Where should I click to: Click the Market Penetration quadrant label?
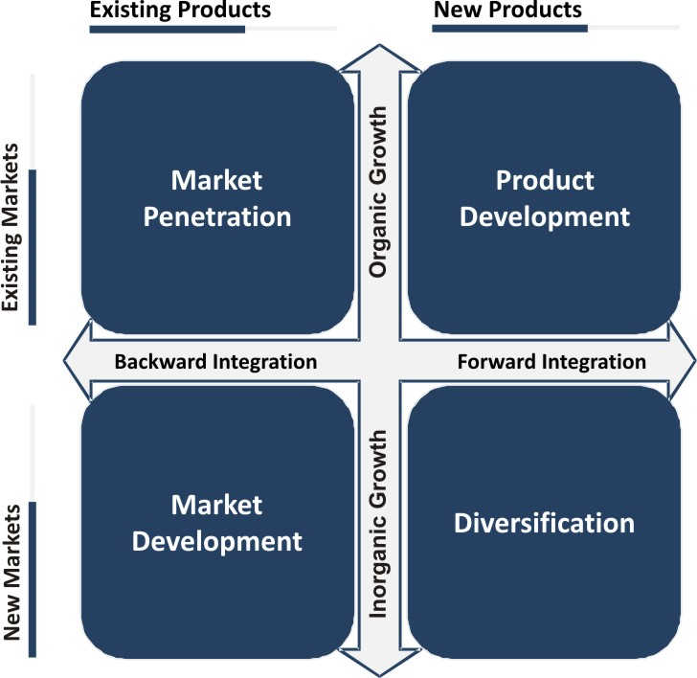pos(216,198)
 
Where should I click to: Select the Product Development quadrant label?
pos(545,198)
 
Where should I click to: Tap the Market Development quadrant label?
pos(216,523)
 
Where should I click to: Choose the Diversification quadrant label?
pos(545,523)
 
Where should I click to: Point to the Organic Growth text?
pos(379,192)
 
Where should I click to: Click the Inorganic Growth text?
pos(379,523)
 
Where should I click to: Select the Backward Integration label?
pos(215,362)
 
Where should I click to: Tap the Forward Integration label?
pos(551,362)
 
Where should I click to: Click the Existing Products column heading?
pos(180,11)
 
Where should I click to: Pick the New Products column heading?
pos(507,11)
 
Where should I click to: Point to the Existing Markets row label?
pos(12,228)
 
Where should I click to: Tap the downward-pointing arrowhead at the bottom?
pos(380,666)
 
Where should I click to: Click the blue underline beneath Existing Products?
pos(167,30)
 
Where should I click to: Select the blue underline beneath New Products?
pos(509,30)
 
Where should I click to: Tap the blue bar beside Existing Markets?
pos(33,247)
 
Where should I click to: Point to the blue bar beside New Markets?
pos(33,578)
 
